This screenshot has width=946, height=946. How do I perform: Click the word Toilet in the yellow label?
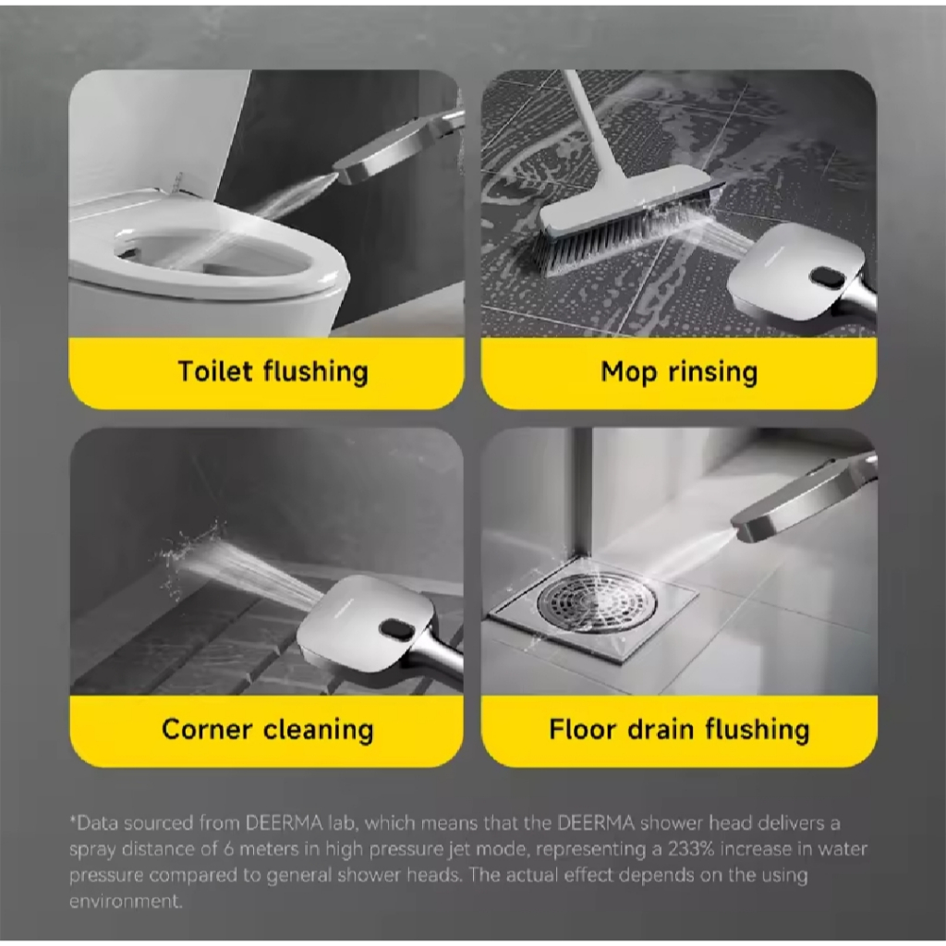[x=214, y=370]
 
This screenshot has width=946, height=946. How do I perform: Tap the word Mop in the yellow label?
[x=628, y=372]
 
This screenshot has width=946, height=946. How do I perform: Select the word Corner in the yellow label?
[x=207, y=729]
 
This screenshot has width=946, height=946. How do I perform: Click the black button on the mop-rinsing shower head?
[x=828, y=277]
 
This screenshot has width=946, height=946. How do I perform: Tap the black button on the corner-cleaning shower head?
[x=396, y=629]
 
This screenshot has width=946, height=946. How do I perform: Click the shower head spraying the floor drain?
[x=803, y=500]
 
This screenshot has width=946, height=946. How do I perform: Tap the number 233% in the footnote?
[x=691, y=850]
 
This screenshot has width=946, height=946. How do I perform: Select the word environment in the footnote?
[x=126, y=902]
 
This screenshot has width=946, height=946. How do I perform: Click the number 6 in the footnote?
[x=229, y=850]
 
